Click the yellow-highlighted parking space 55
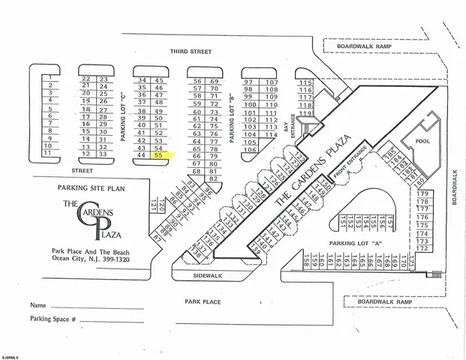coord(159,156)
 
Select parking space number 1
coord(49,77)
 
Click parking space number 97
coord(249,81)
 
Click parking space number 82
coord(214,179)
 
